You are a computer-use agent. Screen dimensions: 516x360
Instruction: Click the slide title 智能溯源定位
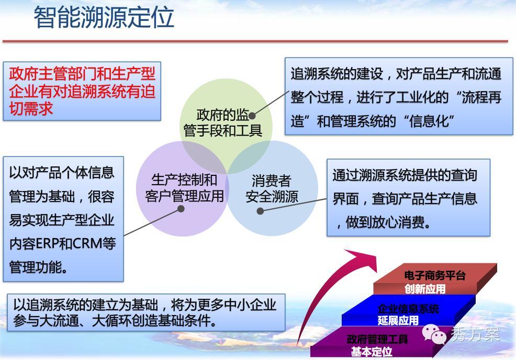(x=104, y=17)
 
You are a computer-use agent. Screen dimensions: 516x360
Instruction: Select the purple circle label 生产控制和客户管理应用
(x=184, y=188)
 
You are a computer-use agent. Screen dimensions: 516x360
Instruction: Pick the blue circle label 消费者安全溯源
(x=272, y=189)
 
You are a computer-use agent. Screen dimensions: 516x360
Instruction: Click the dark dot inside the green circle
(x=252, y=116)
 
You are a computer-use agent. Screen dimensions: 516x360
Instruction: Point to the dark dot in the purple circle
(x=181, y=209)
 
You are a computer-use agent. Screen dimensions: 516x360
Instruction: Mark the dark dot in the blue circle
(x=260, y=211)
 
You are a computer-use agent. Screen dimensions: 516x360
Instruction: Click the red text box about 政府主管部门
(x=82, y=91)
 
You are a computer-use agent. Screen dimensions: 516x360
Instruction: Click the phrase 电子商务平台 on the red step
(x=434, y=275)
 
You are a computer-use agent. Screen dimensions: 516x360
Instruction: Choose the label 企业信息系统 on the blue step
(x=408, y=309)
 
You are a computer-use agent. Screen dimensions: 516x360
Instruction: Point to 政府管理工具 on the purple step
(x=377, y=339)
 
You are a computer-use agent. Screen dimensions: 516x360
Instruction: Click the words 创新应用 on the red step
(x=425, y=289)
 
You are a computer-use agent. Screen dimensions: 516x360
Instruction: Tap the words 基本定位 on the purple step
(x=372, y=352)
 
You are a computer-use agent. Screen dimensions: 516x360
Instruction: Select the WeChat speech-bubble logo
(x=434, y=334)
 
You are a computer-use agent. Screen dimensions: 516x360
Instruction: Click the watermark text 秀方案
(x=475, y=334)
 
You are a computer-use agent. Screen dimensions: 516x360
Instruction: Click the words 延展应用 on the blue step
(x=398, y=320)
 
